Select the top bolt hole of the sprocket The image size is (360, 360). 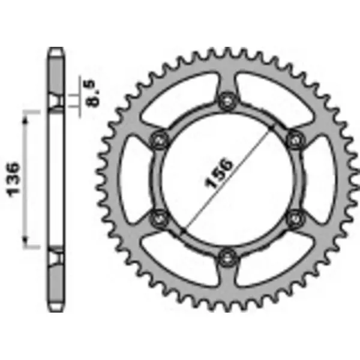(226, 101)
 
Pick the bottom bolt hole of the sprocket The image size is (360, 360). (226, 259)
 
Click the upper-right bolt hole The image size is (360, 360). (294, 140)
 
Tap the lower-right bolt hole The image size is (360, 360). (294, 218)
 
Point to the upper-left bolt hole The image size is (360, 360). (158, 140)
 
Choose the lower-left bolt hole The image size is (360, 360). (158, 218)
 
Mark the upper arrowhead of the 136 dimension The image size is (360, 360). (26, 119)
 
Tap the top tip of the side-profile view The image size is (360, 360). (56, 49)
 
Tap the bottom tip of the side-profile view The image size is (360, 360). (56, 311)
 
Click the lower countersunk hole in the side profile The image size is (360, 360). (56, 259)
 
